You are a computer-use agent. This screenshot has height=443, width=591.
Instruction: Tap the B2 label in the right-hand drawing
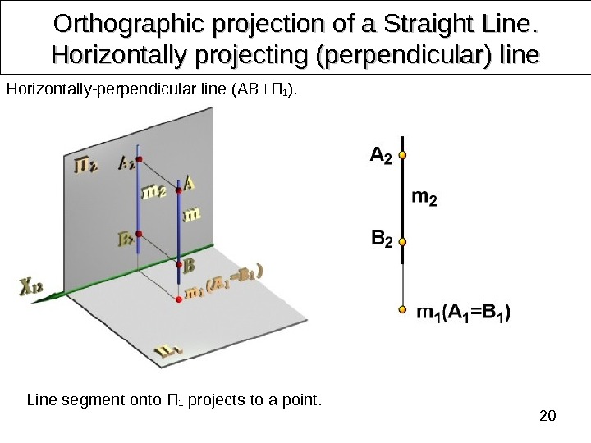(x=382, y=240)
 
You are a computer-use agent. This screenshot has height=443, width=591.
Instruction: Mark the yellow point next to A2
(x=402, y=153)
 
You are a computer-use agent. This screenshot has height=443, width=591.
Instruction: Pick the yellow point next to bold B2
(x=402, y=240)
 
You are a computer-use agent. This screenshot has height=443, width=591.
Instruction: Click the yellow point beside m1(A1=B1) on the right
(x=402, y=310)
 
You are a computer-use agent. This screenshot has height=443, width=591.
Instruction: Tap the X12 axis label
(x=30, y=287)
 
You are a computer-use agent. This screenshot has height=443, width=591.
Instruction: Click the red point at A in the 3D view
(x=179, y=190)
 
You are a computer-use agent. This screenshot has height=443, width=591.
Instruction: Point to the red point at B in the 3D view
(x=179, y=263)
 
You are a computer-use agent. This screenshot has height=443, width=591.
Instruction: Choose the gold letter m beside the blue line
(x=192, y=214)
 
